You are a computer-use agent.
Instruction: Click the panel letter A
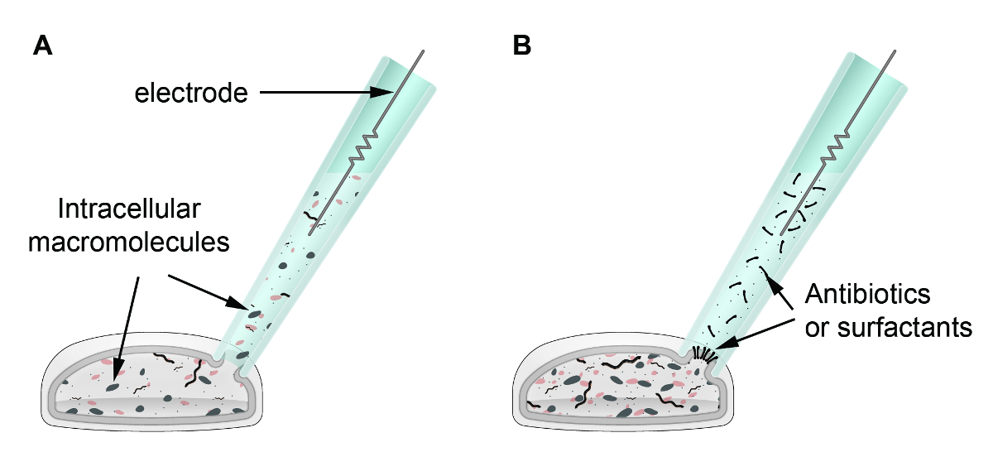43,46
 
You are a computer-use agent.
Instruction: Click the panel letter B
522,46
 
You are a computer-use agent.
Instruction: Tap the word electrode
192,94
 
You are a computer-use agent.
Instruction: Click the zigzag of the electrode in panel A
362,149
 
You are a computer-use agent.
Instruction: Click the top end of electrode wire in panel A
425,51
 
